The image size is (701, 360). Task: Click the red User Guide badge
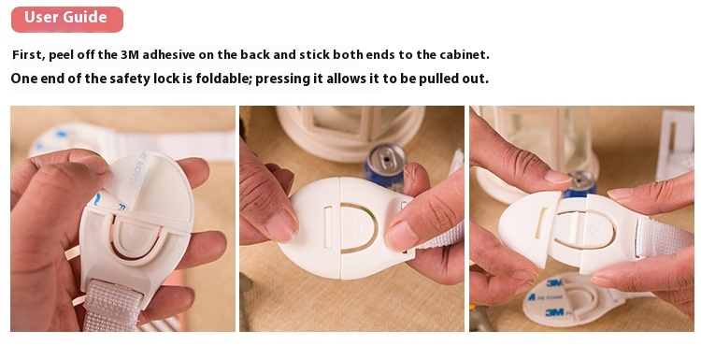(65, 18)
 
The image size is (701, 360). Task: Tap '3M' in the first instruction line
(135, 55)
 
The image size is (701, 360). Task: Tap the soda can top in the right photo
(580, 179)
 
